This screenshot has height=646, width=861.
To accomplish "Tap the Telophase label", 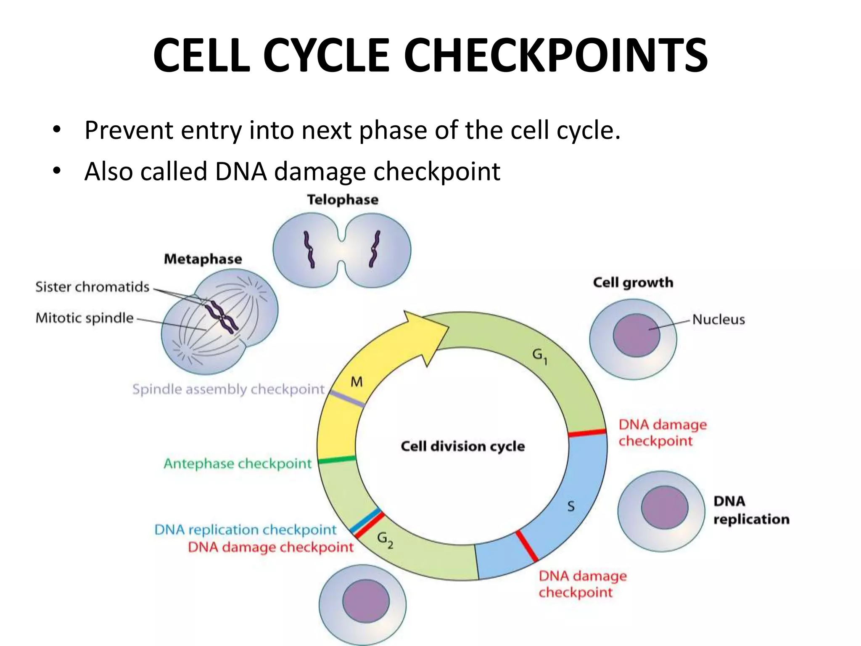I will (x=343, y=200).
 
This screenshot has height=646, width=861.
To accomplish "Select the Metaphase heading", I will (x=203, y=259).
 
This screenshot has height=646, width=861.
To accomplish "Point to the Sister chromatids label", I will (x=92, y=287).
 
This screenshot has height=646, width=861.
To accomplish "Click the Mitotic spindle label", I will (x=85, y=318).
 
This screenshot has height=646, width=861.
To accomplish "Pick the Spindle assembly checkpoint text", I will (x=229, y=389).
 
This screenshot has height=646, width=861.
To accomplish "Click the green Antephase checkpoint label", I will (x=238, y=463).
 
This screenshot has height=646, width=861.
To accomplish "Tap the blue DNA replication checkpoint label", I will (x=246, y=530).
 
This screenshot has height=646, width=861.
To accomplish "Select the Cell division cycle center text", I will (x=462, y=446).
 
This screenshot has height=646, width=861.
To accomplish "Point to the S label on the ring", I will (x=570, y=506).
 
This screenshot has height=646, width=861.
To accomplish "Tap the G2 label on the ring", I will (x=385, y=539).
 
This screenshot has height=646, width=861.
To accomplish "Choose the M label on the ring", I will (x=357, y=382).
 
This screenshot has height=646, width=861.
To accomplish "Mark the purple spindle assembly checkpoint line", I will (x=347, y=399).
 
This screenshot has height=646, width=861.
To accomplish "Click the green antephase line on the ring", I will (x=337, y=460).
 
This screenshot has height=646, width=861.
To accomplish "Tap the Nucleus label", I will (x=718, y=320).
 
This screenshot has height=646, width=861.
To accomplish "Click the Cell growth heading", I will (x=633, y=283).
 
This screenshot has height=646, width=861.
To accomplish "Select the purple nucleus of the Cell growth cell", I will (x=636, y=335).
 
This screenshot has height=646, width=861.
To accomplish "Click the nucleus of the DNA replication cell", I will (x=664, y=508).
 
